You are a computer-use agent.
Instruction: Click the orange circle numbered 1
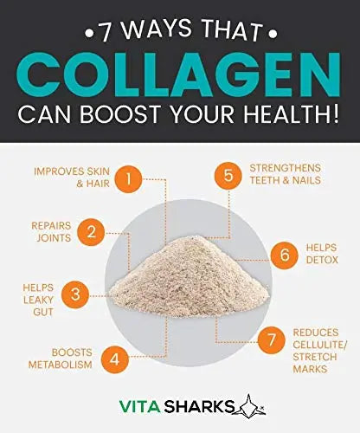127,180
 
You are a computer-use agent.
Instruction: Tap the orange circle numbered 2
91,231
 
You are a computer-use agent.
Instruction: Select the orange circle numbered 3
75,294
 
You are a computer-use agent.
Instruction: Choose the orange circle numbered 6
284,255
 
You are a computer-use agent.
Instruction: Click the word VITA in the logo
142,405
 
